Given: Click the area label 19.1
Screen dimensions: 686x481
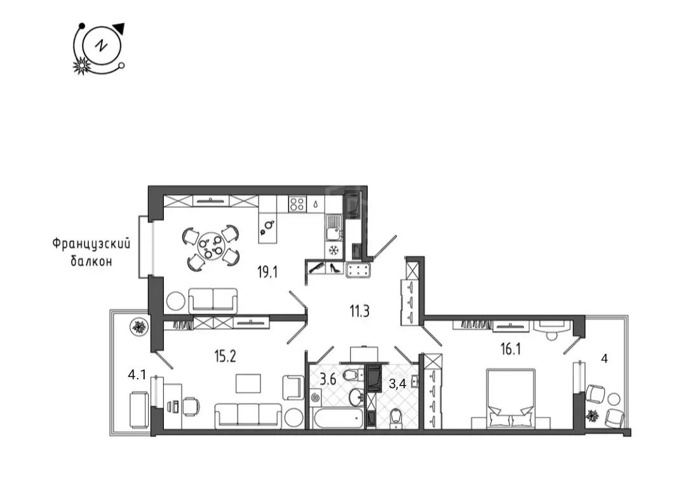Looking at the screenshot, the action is point(267,273).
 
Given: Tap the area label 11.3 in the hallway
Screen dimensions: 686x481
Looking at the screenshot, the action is point(359,311).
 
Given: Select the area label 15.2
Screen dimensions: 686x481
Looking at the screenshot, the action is point(225,356).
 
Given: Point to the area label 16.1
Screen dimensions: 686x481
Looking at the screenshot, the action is point(511,349).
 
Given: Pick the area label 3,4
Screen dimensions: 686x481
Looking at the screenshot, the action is point(397,384).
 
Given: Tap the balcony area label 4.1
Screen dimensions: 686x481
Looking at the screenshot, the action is point(137,375).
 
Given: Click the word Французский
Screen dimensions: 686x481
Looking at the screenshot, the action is point(91,244).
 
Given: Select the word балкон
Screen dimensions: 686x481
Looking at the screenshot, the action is point(91,261).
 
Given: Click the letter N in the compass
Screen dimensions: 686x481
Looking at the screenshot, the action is point(102,45).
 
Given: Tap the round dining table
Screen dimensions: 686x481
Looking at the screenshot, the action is point(212,247).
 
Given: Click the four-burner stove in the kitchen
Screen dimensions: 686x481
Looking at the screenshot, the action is point(297,204).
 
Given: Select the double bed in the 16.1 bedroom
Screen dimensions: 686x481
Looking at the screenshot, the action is point(511,398).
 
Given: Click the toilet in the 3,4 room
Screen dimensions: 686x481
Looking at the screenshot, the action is point(396,417).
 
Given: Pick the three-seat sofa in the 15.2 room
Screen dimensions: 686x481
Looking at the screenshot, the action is point(248,415).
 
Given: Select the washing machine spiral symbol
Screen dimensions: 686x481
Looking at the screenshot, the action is point(315,398).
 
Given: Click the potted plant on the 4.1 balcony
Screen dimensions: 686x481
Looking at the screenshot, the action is point(140,327).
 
